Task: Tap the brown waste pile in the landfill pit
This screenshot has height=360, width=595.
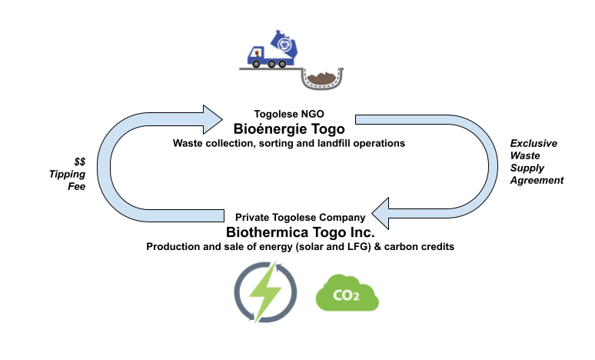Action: (322, 78)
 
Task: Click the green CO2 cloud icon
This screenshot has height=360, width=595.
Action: (347, 293)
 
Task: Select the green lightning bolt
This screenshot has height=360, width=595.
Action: (265, 292)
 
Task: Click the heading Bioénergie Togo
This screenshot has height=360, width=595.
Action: (289, 129)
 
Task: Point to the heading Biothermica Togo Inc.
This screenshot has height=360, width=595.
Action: (300, 232)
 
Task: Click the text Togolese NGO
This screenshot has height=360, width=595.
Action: (289, 114)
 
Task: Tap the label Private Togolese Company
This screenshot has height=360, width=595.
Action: (300, 217)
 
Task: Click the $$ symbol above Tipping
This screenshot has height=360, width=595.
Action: (80, 162)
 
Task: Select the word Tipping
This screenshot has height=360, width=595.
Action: (67, 175)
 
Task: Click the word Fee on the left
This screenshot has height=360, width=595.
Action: (77, 186)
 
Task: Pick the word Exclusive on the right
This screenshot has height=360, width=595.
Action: (534, 143)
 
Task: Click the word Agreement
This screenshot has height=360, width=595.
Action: (537, 180)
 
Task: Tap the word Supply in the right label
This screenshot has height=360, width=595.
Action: (527, 168)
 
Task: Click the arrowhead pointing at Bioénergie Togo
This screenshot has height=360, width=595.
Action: (212, 120)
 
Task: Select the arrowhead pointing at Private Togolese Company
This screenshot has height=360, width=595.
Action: (381, 213)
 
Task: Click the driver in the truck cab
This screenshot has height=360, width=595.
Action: (258, 53)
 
